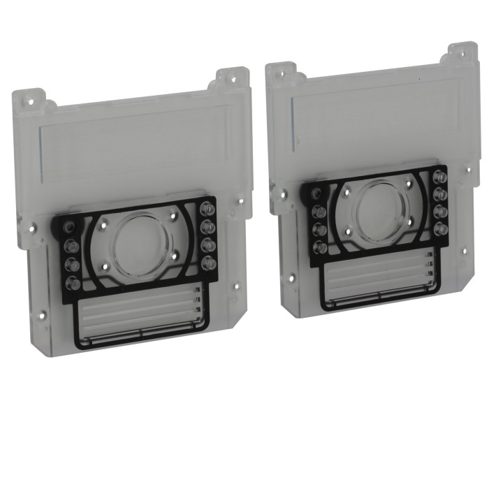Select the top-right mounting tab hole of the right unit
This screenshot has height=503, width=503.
(462, 52)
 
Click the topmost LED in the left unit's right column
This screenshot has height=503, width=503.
(207, 208)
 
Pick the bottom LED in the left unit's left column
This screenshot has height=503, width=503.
(70, 282)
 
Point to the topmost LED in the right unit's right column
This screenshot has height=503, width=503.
(441, 177)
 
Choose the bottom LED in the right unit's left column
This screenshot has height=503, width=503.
(320, 246)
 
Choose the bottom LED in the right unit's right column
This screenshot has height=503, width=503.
(440, 228)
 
